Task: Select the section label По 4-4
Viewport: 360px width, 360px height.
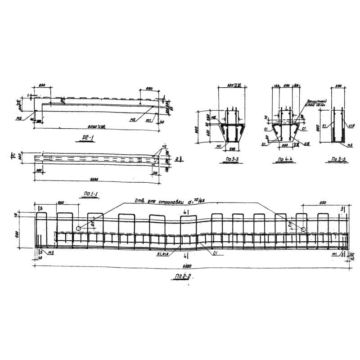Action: click(x=286, y=159)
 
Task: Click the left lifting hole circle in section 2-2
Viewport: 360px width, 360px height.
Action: click(x=79, y=229)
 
